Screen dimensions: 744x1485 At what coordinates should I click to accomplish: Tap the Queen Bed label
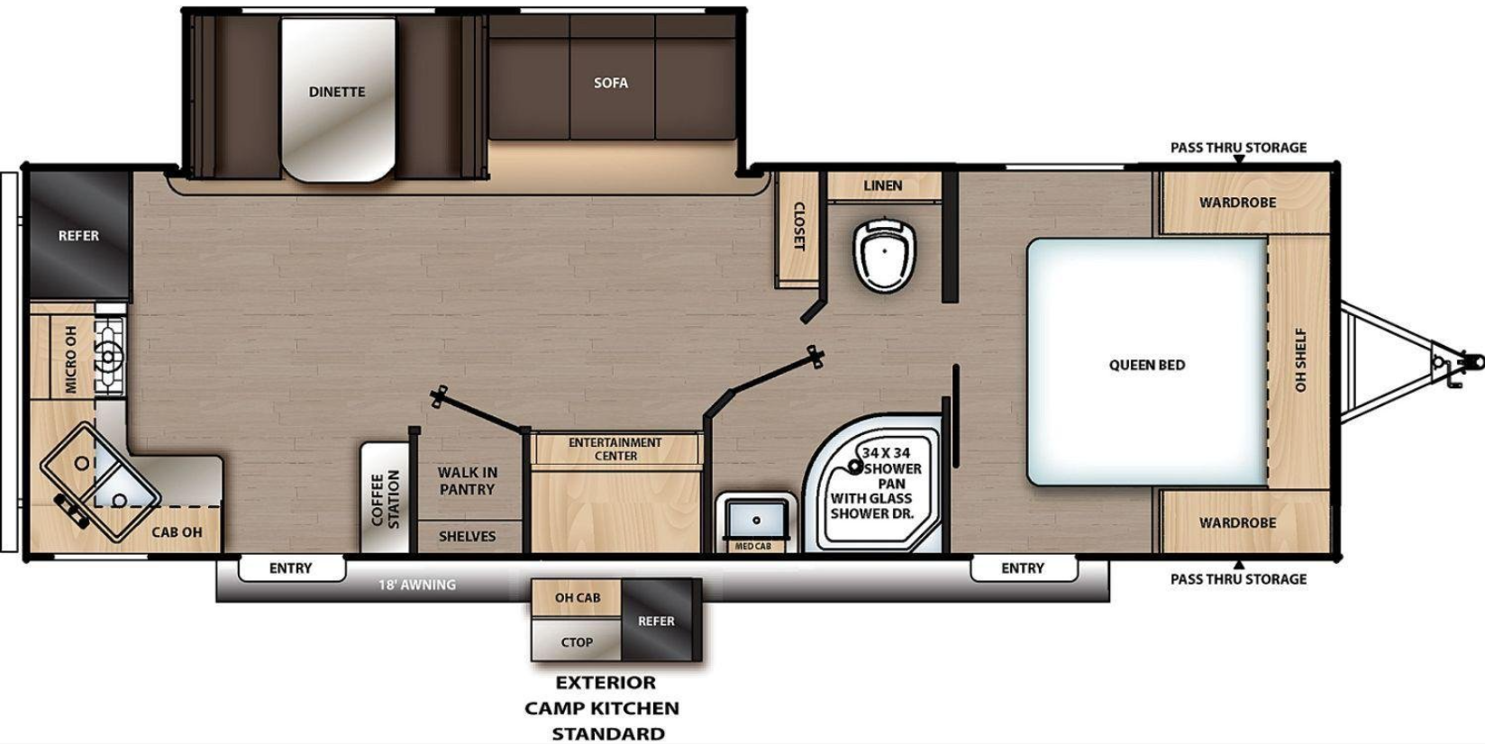[x=1146, y=365]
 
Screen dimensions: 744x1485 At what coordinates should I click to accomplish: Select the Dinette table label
[x=337, y=92]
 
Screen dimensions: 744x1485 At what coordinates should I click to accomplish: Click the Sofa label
[x=611, y=83]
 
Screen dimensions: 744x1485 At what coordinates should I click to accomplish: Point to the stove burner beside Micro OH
[x=109, y=357]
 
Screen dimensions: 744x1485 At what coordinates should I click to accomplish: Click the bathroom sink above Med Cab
[x=757, y=519]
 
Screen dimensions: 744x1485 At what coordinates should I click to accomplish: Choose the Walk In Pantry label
[x=467, y=481]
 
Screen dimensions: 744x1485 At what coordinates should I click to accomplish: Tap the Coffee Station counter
[x=386, y=498]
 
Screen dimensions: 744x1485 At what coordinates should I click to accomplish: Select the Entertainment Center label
[x=615, y=449]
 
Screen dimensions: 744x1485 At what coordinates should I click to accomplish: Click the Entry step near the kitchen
[x=291, y=568]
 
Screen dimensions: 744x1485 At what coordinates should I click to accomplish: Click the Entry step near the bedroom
[x=1023, y=568]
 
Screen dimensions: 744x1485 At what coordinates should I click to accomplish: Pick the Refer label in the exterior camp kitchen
[x=656, y=622]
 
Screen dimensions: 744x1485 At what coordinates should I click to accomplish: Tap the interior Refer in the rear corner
[x=78, y=236]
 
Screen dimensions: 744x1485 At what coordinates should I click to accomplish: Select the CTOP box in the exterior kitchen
[x=577, y=642]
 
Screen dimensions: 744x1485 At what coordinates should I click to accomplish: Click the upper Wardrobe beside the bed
[x=1237, y=203]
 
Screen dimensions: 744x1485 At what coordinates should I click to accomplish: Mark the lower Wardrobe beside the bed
[x=1237, y=522]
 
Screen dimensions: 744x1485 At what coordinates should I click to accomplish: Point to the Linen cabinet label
[x=882, y=186]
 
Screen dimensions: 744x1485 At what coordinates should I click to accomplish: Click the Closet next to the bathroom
[x=797, y=227]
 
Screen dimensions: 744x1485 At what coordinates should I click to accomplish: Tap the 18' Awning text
[x=416, y=585]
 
